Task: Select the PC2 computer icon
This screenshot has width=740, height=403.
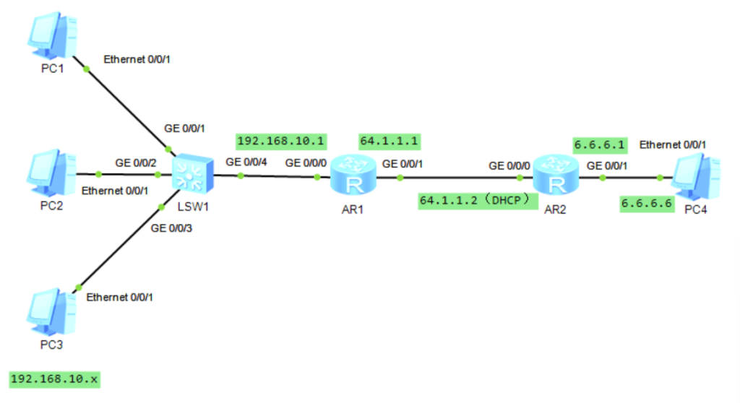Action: (x=50, y=174)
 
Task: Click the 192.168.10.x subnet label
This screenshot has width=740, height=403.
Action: (x=54, y=378)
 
